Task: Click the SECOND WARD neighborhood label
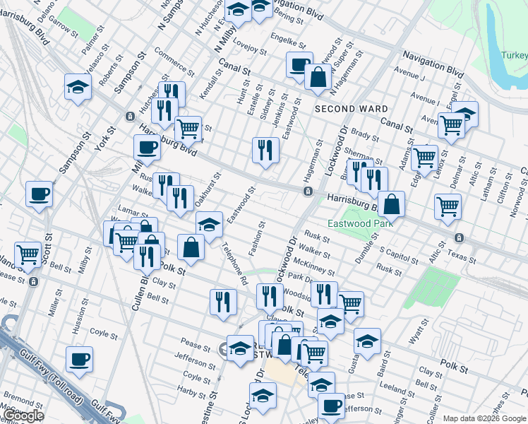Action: click(x=351, y=109)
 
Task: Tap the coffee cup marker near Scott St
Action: click(x=40, y=193)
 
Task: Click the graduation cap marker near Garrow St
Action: click(x=78, y=87)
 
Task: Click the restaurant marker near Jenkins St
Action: click(x=265, y=148)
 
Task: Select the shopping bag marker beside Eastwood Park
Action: click(x=391, y=204)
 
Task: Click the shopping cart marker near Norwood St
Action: click(x=448, y=206)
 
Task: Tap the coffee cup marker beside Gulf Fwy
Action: click(x=79, y=358)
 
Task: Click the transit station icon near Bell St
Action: click(x=33, y=282)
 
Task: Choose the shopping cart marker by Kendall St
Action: click(x=188, y=128)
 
